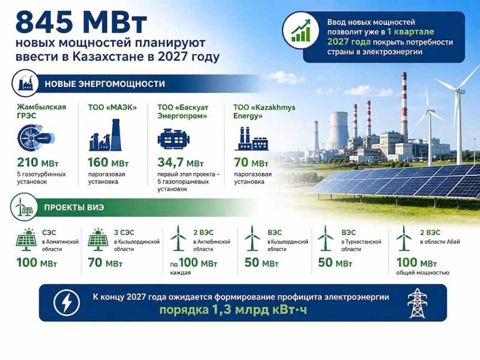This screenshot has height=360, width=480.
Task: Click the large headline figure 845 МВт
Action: [81, 22]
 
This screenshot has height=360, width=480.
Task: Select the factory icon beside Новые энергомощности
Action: [25, 83]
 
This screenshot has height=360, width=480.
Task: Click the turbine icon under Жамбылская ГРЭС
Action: [36, 138]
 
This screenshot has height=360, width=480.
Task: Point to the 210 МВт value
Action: [38, 163]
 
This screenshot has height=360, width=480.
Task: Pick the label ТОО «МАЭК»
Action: [112, 107]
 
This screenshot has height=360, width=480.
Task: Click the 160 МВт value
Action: [109, 163]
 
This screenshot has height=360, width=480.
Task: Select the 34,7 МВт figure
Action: [181, 163]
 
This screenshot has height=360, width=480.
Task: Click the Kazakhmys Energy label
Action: [264, 112]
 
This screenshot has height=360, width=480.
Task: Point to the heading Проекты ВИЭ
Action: [74, 207]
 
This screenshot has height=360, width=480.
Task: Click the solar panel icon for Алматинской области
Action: [26, 238]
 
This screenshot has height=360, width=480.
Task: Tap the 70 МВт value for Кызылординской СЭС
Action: [105, 263]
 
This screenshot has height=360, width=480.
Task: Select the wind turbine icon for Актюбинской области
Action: [178, 238]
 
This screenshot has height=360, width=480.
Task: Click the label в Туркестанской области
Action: [361, 245]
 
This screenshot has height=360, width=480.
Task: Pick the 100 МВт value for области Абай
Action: [416, 263]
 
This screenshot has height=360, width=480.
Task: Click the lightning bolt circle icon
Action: [67, 303]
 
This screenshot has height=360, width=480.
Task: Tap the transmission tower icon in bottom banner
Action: [417, 303]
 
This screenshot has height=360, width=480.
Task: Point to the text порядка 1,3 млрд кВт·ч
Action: [233, 310]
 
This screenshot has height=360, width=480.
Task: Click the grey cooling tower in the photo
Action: [338, 131]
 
